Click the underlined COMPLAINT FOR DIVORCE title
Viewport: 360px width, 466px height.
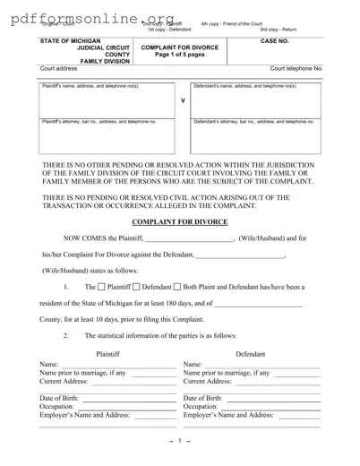[179, 220]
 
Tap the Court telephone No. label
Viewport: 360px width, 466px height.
[296, 68]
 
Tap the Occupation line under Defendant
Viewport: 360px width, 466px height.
[269, 407]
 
